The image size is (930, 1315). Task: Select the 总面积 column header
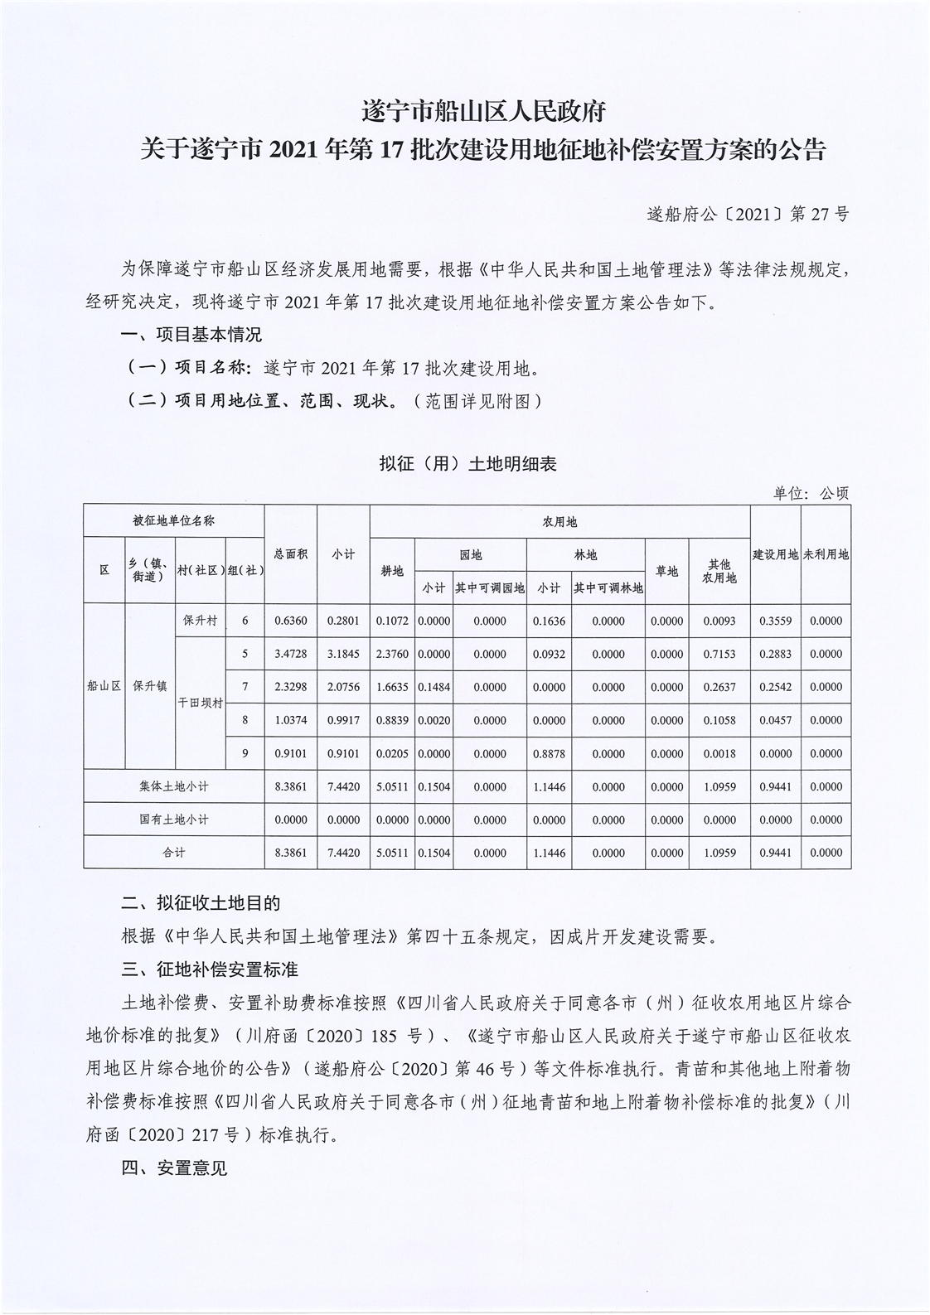click(x=291, y=554)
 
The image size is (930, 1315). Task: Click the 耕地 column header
click(x=393, y=571)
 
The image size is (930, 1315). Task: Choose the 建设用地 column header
click(x=775, y=554)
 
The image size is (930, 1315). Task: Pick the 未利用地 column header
click(x=826, y=554)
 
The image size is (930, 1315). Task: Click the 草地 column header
click(x=666, y=571)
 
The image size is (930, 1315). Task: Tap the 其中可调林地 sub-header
click(x=608, y=587)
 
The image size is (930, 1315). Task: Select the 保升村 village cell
click(x=200, y=620)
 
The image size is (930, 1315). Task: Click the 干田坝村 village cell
click(x=200, y=703)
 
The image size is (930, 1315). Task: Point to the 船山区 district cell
click(x=104, y=686)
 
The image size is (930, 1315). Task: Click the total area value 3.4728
click(x=291, y=654)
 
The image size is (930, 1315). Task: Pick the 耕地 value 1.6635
click(x=393, y=687)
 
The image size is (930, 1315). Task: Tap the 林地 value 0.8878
click(x=549, y=753)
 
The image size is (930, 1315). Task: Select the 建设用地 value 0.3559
click(x=775, y=621)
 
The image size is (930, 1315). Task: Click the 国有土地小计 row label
click(x=174, y=819)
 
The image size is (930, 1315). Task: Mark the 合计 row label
click(x=174, y=853)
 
